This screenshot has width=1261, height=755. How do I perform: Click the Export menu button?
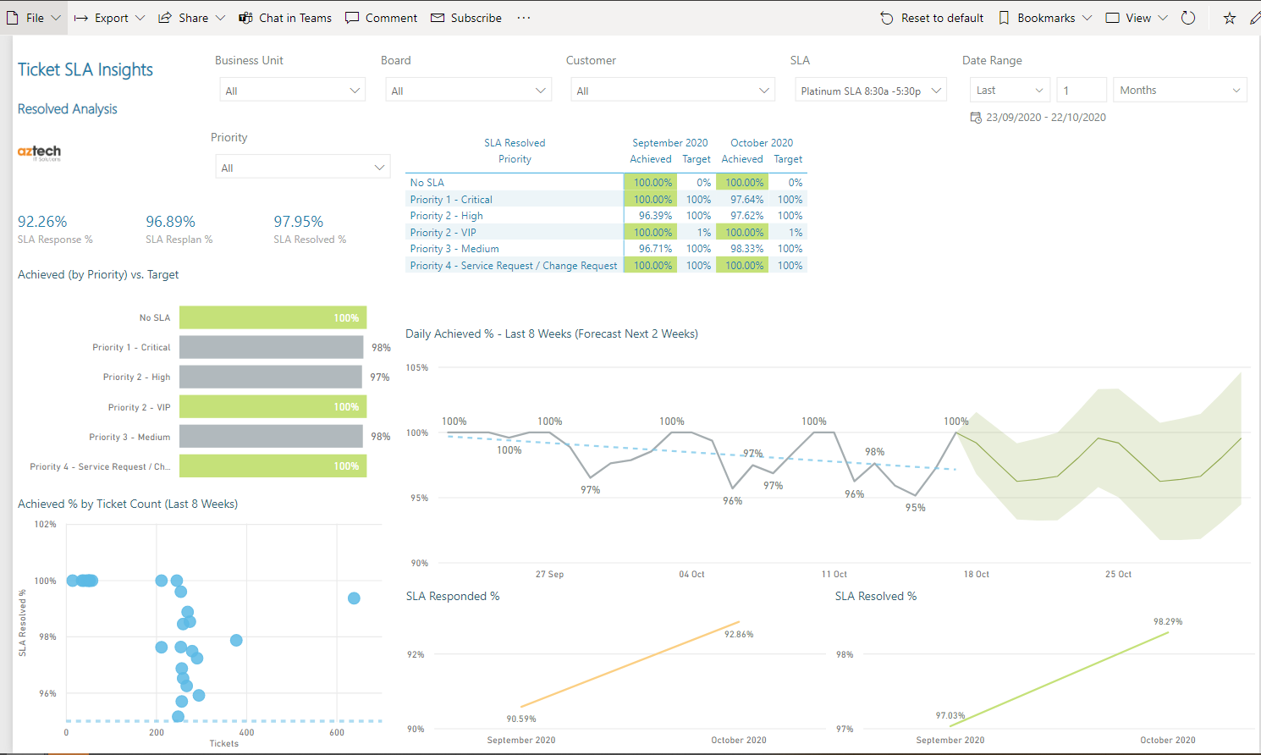[109, 18]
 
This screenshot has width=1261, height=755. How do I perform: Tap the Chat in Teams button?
[285, 18]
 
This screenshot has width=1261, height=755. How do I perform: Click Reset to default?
[932, 18]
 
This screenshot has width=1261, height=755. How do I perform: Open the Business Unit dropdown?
[292, 91]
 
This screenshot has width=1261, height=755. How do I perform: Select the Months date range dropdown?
[1179, 90]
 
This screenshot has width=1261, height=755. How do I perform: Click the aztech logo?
[39, 152]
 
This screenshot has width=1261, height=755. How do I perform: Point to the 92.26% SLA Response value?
[42, 222]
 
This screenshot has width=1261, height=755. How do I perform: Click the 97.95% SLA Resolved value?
[298, 222]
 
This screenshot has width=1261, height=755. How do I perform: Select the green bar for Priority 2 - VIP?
[273, 407]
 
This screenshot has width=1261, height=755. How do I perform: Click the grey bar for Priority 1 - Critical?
[271, 347]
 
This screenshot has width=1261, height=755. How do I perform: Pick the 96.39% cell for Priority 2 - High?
[654, 216]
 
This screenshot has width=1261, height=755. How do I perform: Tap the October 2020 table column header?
[762, 143]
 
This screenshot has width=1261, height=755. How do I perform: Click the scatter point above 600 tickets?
[354, 598]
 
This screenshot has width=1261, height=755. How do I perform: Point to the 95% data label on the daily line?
[915, 508]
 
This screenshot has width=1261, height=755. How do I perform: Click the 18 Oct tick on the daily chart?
[976, 574]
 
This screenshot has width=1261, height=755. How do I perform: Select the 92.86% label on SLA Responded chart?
[739, 634]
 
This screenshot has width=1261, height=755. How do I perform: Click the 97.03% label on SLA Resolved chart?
[950, 715]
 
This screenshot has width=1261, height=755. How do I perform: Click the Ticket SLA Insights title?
[85, 70]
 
